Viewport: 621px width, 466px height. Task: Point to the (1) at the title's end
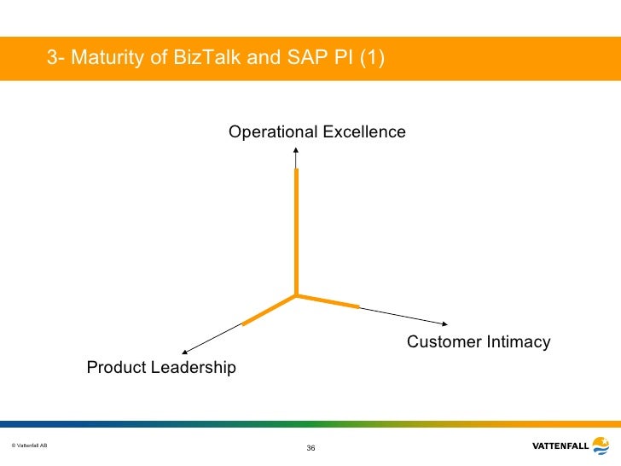pos(372,59)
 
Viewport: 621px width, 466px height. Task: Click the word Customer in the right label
pos(444,342)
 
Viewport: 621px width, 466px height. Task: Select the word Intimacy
pos(518,342)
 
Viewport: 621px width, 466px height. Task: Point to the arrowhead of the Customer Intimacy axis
pos(444,323)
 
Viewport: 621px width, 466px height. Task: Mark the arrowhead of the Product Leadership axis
pos(183,351)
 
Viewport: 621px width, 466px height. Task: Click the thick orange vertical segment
pos(295,230)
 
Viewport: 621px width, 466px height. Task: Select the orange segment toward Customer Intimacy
pos(328,301)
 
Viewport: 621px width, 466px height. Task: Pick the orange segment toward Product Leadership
pos(269,310)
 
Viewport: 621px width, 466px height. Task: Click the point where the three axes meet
pos(295,295)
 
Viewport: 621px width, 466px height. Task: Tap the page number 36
pos(310,449)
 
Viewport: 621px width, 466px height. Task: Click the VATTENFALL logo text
pos(559,446)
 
